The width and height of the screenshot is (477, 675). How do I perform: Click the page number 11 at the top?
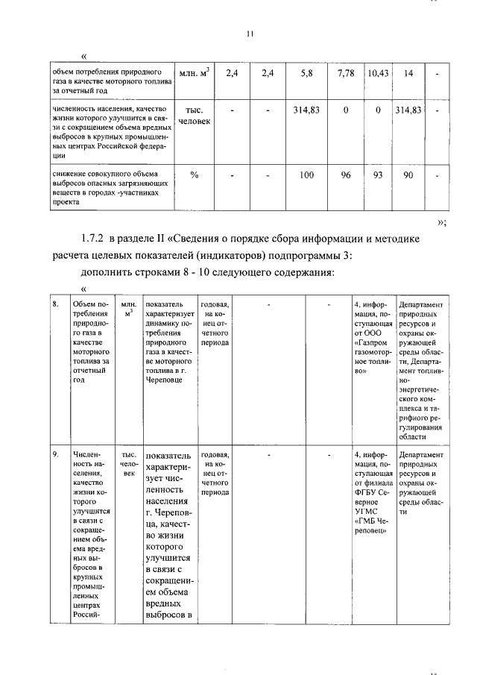(250, 33)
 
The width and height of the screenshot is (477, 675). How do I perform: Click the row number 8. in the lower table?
(56, 305)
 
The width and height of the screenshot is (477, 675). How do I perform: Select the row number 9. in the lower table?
(56, 454)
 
